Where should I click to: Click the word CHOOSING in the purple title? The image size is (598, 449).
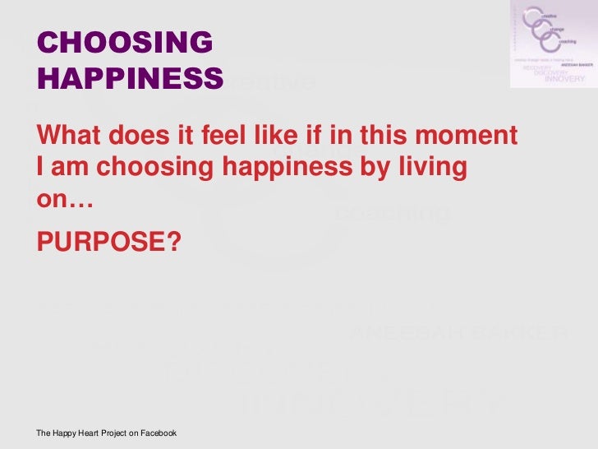[125, 43]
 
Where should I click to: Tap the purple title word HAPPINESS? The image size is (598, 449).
[130, 78]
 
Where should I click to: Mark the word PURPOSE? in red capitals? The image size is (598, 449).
[108, 241]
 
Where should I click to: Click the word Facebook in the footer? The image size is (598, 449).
[156, 433]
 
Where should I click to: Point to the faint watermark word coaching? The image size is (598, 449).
[393, 214]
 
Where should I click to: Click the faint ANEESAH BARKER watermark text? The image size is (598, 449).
[458, 333]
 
